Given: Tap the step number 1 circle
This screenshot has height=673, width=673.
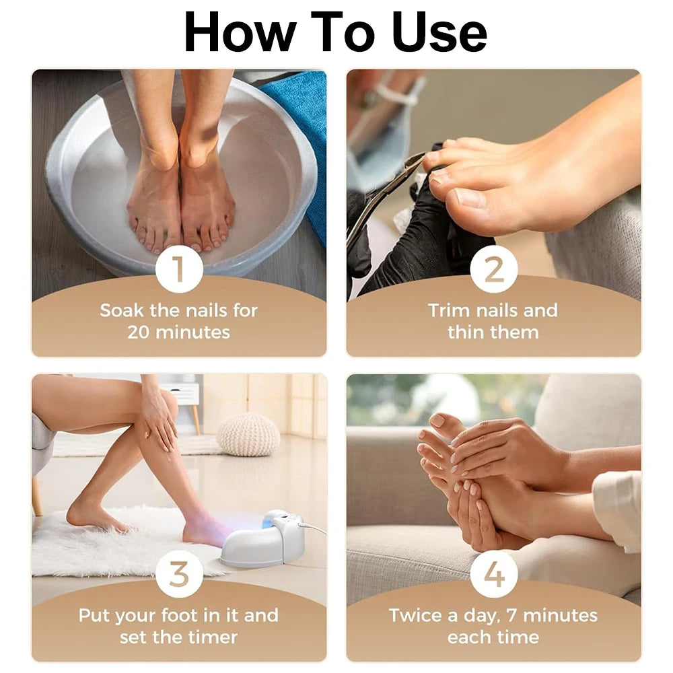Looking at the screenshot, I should [x=179, y=270].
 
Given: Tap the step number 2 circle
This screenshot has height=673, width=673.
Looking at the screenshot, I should [x=494, y=270].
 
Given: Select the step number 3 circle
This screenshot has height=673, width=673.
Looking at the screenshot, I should [x=179, y=574].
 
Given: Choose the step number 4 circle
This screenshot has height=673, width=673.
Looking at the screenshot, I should [x=494, y=574].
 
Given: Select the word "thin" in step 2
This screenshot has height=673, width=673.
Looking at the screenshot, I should [x=466, y=332].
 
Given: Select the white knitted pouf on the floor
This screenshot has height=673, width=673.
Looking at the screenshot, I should [x=248, y=434].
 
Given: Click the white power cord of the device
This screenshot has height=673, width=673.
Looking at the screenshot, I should [x=314, y=529].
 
